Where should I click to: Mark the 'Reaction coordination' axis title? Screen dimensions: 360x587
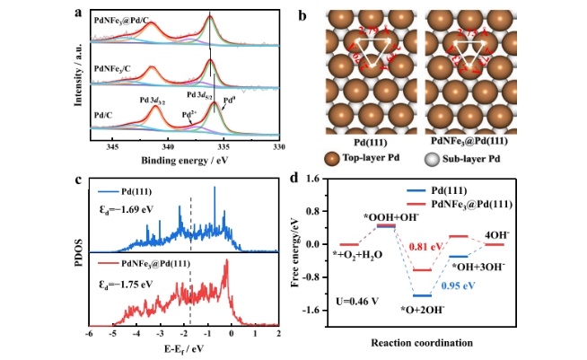click(422, 343)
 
